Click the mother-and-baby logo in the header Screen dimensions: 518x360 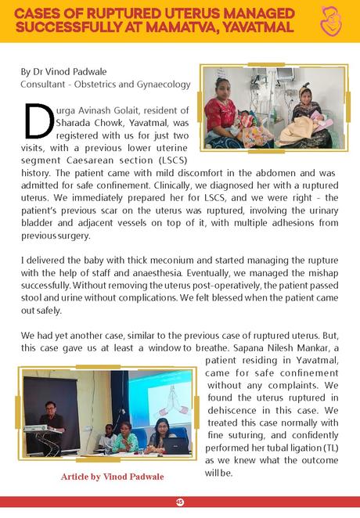point(333,21)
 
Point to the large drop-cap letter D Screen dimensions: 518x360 point(38,123)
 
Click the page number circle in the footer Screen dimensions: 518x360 point(179,502)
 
